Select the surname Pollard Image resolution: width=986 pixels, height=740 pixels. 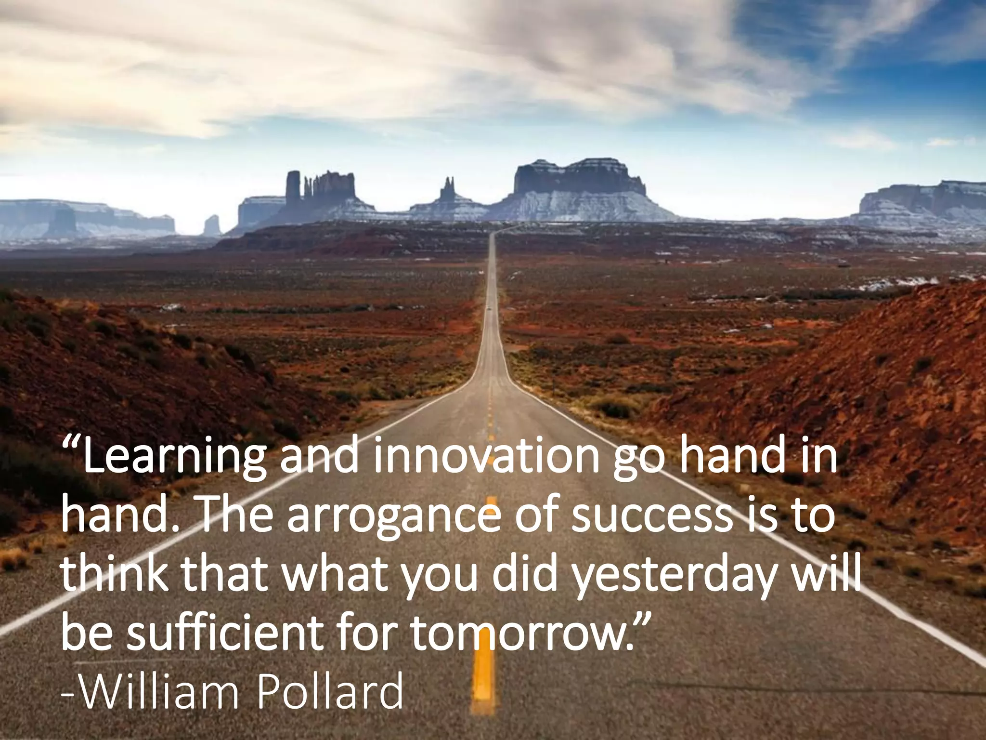330,691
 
